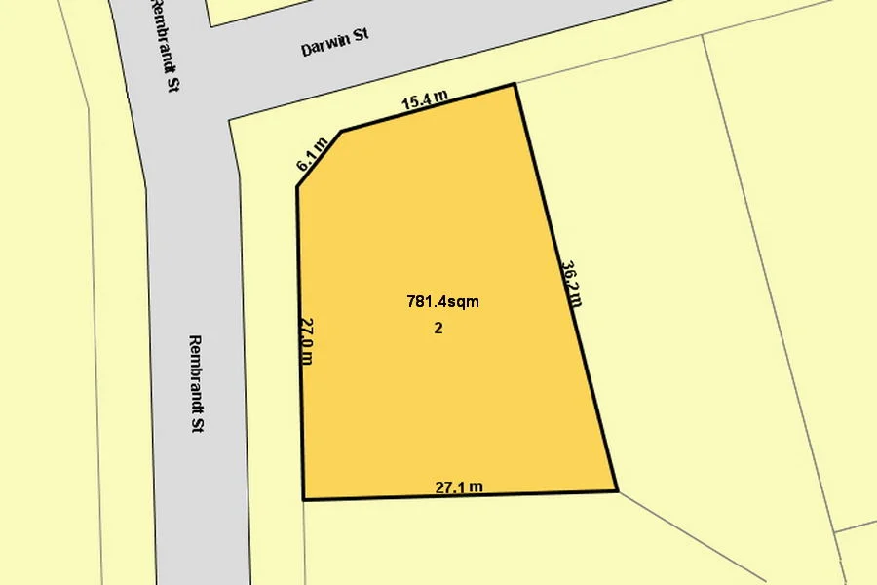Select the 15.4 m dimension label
coord(425,97)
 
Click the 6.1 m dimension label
coord(311,155)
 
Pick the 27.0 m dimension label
coord(306,339)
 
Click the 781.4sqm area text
coord(442,302)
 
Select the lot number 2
coord(438,329)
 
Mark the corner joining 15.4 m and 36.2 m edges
coord(515,85)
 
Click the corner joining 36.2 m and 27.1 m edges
coord(617,490)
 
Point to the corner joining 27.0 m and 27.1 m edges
coord(304,499)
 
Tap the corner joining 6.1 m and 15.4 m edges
coord(341,131)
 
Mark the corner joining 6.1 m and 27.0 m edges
coord(297,185)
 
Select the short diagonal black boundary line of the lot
coord(320,158)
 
